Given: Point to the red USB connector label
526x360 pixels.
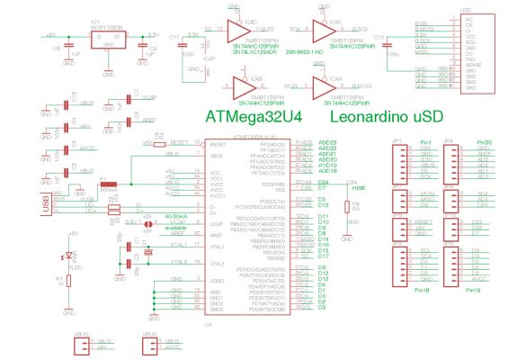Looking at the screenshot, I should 45,206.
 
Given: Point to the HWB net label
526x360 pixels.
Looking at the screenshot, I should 357,188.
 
